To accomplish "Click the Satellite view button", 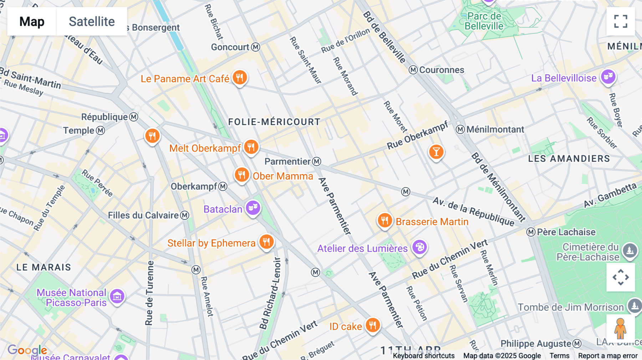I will [92, 21].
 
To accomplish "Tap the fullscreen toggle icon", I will [621, 21].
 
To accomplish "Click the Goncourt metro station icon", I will [256, 47].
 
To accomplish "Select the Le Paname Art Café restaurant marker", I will [240, 77].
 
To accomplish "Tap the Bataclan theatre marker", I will [253, 207].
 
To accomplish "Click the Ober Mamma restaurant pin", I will [242, 175].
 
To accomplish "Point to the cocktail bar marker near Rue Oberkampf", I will [436, 152].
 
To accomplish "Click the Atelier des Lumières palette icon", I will [420, 247].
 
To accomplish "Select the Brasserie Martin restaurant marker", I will [384, 221].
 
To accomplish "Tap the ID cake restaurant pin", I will [373, 325].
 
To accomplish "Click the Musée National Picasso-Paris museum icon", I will [117, 296].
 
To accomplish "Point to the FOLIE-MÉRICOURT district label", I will [274, 122].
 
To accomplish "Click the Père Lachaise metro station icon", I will [531, 232].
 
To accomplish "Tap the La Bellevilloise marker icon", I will [608, 77].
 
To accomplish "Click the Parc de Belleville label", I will [484, 21].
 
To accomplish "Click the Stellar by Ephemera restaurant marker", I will [266, 242].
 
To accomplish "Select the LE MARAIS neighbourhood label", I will [44, 267].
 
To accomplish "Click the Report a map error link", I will [607, 356].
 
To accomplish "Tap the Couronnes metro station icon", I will [413, 70].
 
